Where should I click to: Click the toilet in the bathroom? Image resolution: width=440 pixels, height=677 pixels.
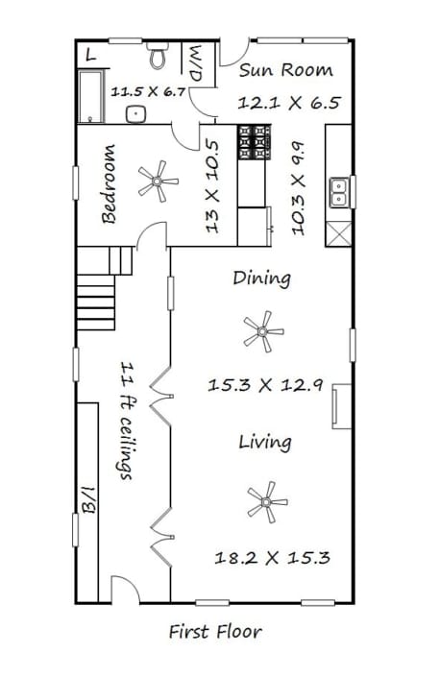157,55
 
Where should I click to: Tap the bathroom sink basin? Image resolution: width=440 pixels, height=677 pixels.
136,114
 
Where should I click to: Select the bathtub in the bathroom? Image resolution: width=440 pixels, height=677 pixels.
91,96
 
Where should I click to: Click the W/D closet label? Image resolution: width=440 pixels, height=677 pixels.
196,62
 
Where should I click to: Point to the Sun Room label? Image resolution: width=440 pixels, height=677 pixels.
286,70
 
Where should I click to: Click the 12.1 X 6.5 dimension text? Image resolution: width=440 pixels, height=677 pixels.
289,103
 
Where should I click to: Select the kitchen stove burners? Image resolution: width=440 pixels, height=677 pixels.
254,142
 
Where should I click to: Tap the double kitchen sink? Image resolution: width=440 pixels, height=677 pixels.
338,192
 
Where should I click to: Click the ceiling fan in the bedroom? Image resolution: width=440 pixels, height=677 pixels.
158,181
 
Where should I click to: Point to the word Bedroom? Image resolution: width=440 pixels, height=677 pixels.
109,184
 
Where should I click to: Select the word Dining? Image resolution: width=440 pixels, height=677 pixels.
261,278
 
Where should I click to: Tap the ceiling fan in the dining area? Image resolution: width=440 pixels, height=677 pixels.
263,331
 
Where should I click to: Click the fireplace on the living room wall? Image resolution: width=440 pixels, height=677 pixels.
341,406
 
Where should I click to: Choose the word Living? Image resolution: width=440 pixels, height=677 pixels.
265,442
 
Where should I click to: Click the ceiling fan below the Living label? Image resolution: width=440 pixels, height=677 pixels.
267,502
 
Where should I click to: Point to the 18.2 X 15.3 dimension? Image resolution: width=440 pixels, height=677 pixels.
273,557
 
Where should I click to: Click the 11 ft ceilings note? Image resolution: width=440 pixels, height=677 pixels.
127,422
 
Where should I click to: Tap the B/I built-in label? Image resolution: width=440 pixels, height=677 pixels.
88,499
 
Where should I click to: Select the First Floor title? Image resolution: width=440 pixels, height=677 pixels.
215,632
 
